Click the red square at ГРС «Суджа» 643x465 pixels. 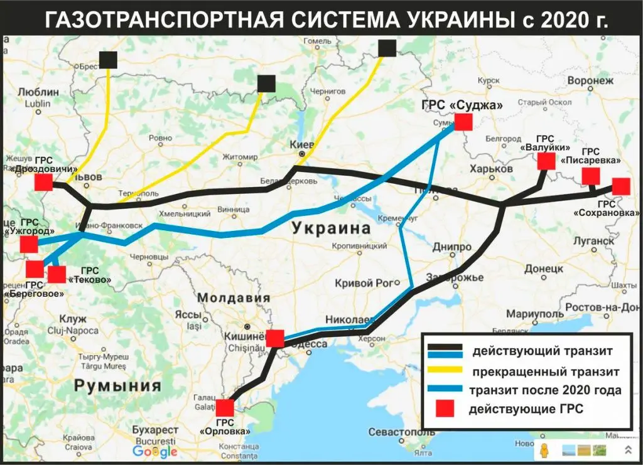coord(463,122)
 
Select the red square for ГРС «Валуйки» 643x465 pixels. coord(546,162)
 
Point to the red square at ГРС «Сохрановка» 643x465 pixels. coord(620,186)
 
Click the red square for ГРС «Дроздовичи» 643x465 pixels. coord(43,183)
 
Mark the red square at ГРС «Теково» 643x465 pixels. coord(57,274)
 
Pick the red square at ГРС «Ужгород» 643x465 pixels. coord(29,244)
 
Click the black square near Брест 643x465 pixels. coord(108,60)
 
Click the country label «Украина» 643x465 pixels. coord(331,228)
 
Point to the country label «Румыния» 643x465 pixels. coord(117,385)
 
